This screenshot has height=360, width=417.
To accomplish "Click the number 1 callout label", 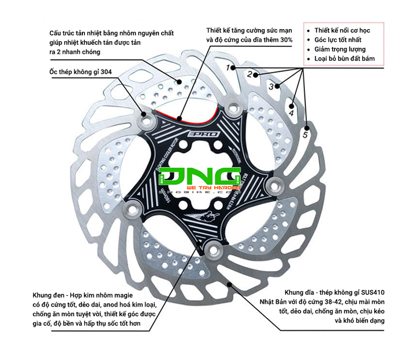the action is [x=228, y=68].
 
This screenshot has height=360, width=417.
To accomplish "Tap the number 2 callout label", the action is [x=250, y=74].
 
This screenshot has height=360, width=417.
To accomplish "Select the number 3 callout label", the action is [x=271, y=87].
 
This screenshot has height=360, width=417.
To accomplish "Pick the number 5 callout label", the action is [x=305, y=135].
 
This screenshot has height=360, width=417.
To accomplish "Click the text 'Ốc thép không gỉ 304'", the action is [x=81, y=72].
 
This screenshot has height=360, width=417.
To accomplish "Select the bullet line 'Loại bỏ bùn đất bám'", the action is [x=348, y=59].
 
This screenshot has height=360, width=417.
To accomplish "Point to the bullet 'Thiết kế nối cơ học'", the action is [x=347, y=30].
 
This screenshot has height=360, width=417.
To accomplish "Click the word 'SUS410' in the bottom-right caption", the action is [x=372, y=292].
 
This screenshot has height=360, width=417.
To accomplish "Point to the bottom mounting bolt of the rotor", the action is [x=213, y=250].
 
